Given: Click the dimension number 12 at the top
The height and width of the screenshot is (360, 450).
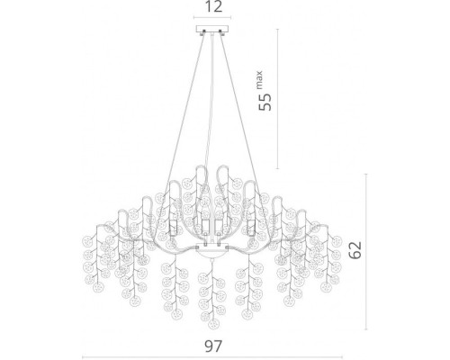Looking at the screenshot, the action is coord(214,6).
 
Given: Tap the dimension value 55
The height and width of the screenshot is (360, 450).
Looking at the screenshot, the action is coord(265,102).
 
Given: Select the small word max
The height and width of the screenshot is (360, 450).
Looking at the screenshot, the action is coord(259,80).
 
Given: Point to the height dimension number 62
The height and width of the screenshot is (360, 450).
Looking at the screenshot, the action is coord(355,249).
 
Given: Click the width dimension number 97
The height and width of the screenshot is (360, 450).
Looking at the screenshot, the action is coord(213,346).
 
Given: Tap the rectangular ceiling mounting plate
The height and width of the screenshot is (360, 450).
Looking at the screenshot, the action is coord(212,29).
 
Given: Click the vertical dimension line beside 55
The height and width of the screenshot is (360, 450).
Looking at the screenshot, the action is coord(277,99).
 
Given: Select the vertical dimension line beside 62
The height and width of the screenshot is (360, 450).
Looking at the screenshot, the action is coord(366,252).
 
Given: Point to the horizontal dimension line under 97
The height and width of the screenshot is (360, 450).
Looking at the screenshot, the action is coord(212,357).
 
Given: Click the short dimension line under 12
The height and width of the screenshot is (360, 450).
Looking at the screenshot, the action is coord(212,17).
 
